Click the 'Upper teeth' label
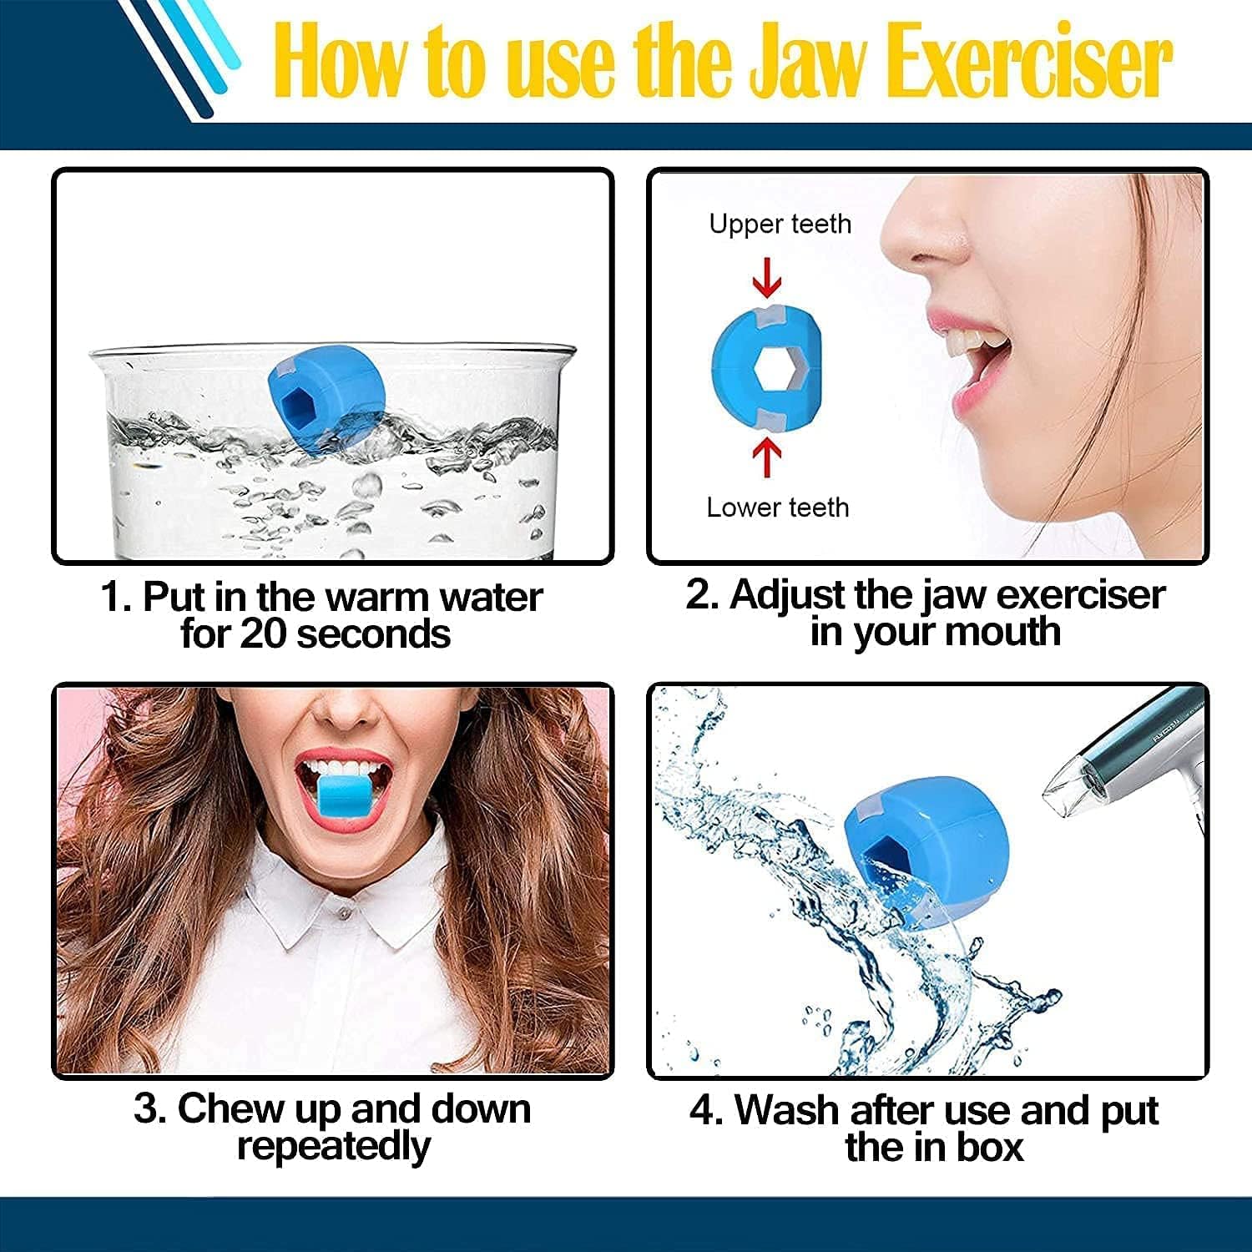point(780,224)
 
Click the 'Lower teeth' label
point(777,507)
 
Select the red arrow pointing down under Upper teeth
point(767,277)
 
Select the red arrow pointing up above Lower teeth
point(767,457)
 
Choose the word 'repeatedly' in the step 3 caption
point(333,1146)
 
